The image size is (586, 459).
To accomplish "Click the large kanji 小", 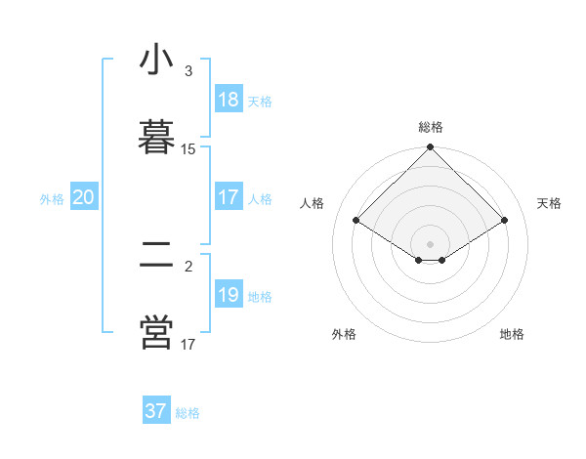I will (156, 62).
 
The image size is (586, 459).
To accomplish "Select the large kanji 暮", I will (156, 137).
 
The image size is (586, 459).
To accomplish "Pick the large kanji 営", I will (156, 332).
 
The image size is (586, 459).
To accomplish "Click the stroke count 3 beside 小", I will (188, 72).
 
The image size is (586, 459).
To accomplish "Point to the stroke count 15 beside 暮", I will (188, 149).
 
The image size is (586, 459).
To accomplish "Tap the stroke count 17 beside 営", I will (188, 345).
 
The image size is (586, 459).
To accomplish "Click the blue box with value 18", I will (229, 100).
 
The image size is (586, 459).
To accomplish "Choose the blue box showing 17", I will (229, 197).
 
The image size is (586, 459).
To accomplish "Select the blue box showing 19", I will (229, 295).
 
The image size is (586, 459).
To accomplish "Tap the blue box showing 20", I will (84, 197).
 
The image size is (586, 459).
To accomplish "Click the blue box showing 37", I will (156, 411).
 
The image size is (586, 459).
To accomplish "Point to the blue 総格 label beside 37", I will (188, 413).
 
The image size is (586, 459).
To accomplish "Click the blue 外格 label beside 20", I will (52, 199).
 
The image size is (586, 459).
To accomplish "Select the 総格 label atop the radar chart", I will (431, 127).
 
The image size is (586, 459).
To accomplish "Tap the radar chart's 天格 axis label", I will (549, 203).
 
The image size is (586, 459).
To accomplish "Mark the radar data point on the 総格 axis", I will (431, 148).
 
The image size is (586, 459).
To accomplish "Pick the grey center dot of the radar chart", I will (431, 243).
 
